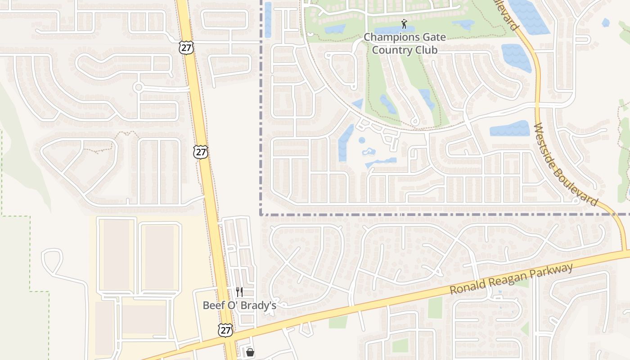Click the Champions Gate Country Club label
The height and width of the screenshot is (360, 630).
pos(405,43)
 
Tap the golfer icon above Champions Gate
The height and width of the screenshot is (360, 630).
pos(404,24)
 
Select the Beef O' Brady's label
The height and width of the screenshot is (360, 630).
pos(239,305)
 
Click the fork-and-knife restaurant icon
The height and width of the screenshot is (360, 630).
pos(239,292)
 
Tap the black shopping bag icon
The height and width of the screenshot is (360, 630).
pos(250,352)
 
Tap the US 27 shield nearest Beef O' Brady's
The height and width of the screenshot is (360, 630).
pos(225,330)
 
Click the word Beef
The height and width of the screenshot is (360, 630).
pos(213,305)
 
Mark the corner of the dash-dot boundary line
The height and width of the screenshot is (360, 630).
pos(261,214)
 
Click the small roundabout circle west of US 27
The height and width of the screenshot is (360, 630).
pos(138,87)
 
